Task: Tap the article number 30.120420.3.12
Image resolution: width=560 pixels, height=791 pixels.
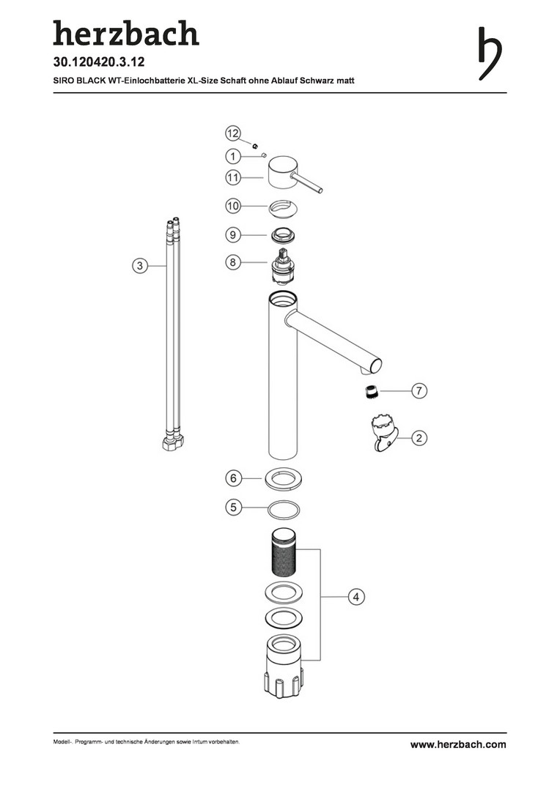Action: (99, 62)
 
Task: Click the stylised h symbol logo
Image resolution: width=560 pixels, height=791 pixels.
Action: (490, 53)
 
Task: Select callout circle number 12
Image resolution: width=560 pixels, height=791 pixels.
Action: (233, 134)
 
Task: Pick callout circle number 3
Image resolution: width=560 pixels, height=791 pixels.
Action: (141, 265)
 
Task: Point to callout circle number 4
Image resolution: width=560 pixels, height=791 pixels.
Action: (356, 597)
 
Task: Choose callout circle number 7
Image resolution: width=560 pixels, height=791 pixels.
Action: (419, 390)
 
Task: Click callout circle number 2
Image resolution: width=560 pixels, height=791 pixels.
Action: (419, 438)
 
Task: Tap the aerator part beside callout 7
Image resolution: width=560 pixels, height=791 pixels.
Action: (371, 391)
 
